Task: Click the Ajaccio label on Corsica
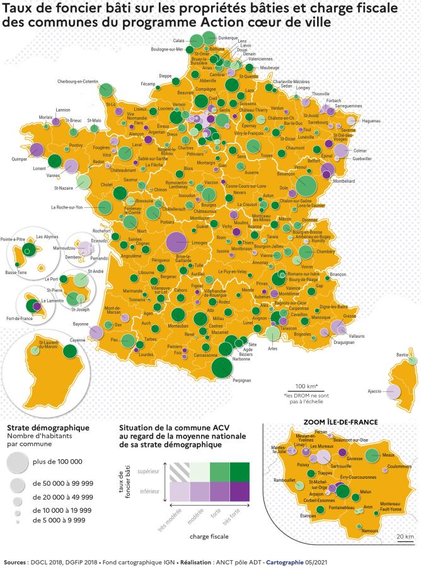point(374,391)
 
